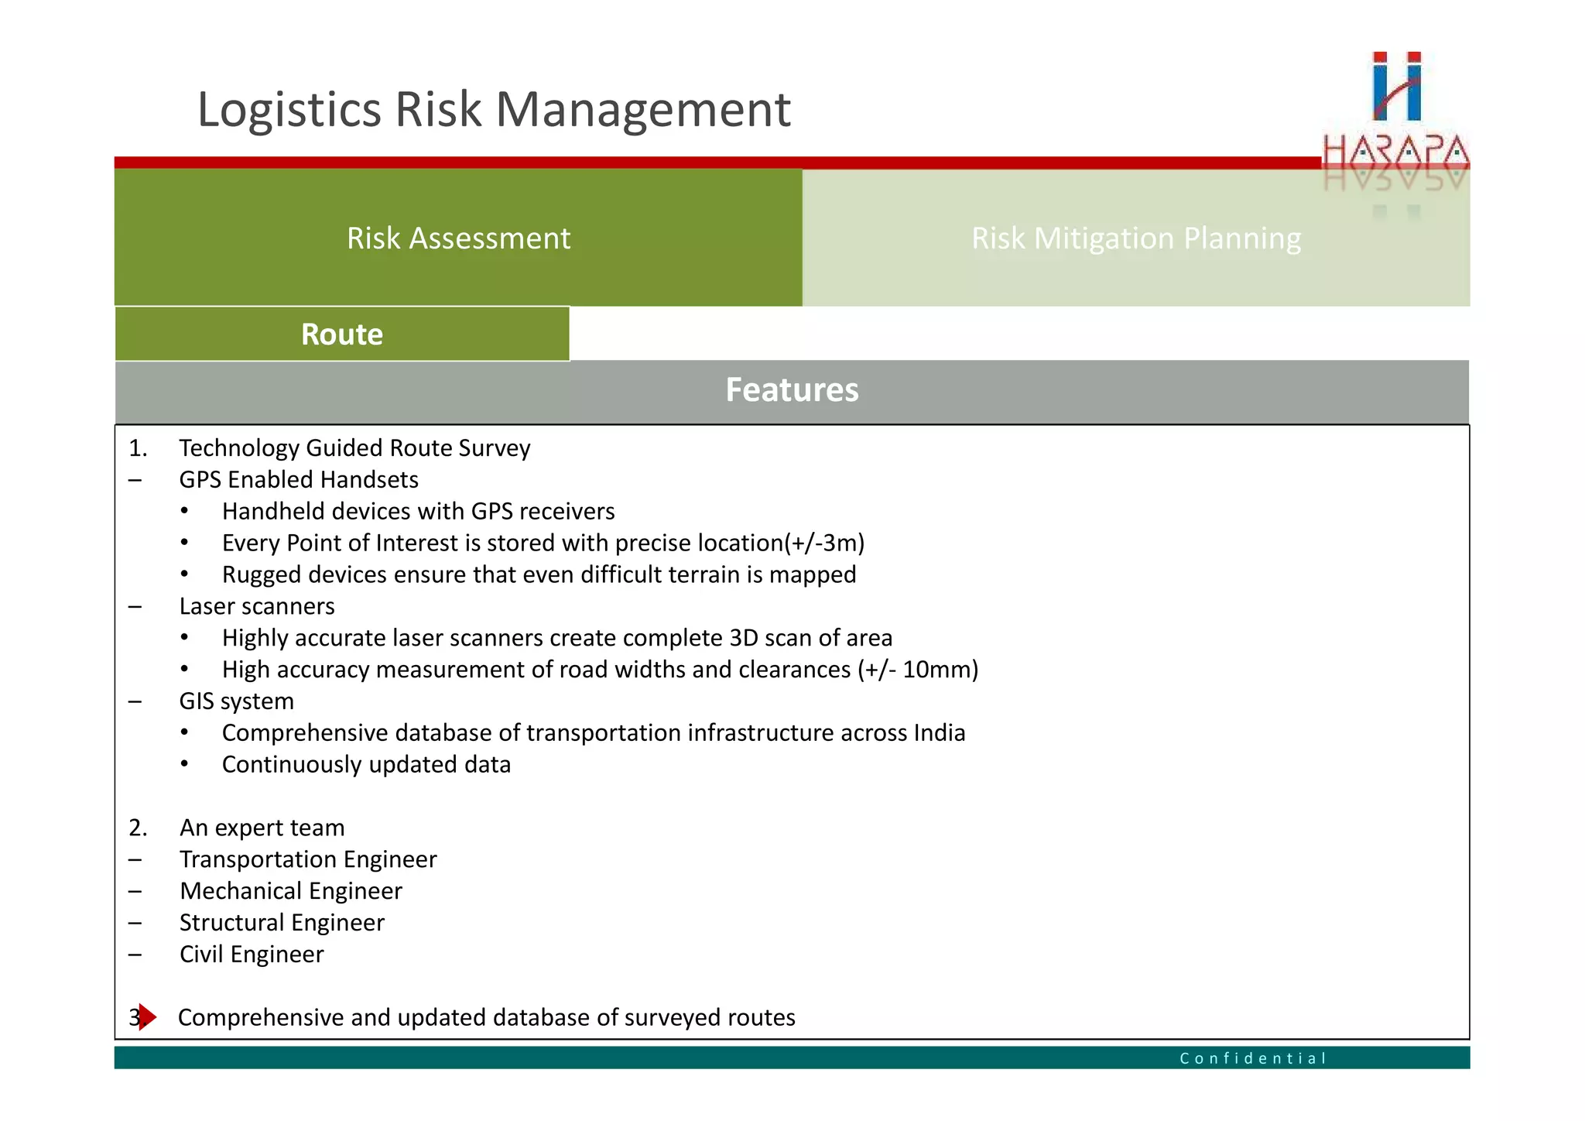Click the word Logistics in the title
coord(289,109)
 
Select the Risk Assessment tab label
coord(458,238)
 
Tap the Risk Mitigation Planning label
coord(1135,238)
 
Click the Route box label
coord(341,334)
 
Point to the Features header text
coord(792,390)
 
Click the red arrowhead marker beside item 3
coord(147,1016)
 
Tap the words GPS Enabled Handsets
coord(299,480)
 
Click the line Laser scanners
coord(257,606)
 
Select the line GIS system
coord(236,701)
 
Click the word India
coord(939,733)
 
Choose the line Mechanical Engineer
coord(291,891)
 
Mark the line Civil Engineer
coord(252,955)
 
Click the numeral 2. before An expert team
coord(138,828)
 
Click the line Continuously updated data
coord(366,765)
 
